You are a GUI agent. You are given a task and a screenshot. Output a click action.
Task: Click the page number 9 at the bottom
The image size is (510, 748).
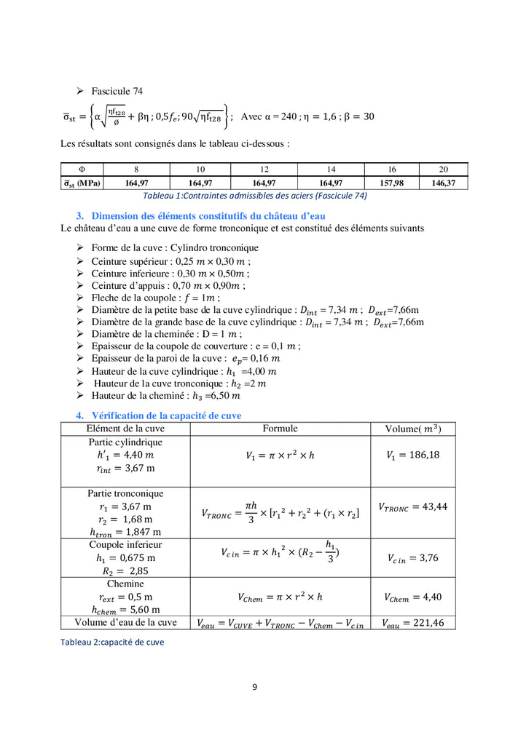tap(254, 685)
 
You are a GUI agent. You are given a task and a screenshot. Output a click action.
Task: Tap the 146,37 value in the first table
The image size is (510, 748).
tap(443, 183)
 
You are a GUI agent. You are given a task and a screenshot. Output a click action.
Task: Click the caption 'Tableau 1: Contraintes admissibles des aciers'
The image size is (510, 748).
tap(254, 195)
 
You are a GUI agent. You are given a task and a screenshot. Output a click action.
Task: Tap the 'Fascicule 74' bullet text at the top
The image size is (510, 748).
tap(117, 91)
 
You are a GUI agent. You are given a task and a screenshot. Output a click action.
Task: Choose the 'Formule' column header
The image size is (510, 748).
tap(280, 429)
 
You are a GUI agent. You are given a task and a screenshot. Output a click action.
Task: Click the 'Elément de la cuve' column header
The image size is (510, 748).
tap(125, 429)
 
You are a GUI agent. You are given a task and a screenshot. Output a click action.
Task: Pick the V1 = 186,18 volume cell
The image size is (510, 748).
tap(412, 455)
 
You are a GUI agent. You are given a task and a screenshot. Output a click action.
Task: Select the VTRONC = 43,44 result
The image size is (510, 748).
tap(412, 506)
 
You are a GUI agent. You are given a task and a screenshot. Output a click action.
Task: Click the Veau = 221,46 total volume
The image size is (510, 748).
tap(412, 623)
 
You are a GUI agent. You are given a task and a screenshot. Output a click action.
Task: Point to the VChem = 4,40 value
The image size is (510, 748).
tap(412, 597)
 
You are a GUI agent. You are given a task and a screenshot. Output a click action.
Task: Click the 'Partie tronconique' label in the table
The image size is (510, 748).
tap(125, 493)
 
